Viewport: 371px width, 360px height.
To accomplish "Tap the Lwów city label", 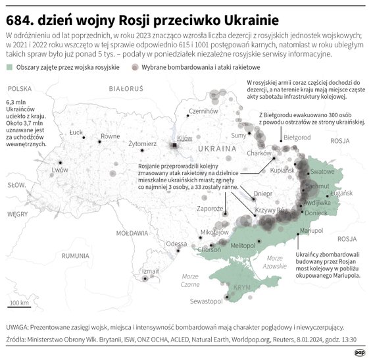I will pyautogui.click(x=60, y=170).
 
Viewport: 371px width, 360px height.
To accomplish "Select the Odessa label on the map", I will pyautogui.click(x=176, y=244).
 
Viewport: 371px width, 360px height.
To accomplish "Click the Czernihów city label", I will pyautogui.click(x=203, y=111).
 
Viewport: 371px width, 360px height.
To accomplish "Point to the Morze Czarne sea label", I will pyautogui.click(x=190, y=280).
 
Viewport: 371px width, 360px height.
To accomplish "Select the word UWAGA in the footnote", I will pyautogui.click(x=18, y=326).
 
